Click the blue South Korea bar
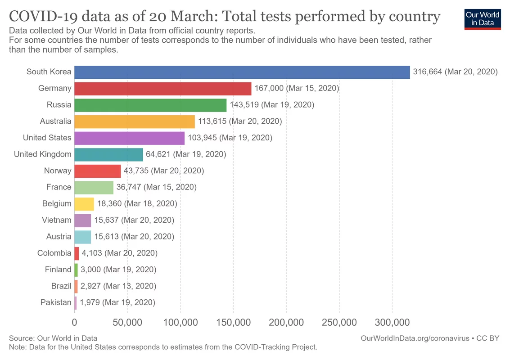(x=242, y=72)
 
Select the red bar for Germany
(x=163, y=88)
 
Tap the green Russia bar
(x=150, y=105)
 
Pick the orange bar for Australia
(x=135, y=121)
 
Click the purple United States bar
(x=129, y=138)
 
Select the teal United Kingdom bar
(x=108, y=154)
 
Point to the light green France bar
(x=94, y=187)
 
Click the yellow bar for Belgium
(x=84, y=204)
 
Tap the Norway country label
(x=58, y=171)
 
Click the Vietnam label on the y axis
(x=57, y=220)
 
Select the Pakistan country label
(x=56, y=302)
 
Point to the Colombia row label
(x=54, y=253)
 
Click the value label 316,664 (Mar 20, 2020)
(x=455, y=72)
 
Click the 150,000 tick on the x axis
(x=234, y=323)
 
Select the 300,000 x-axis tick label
(x=392, y=323)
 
